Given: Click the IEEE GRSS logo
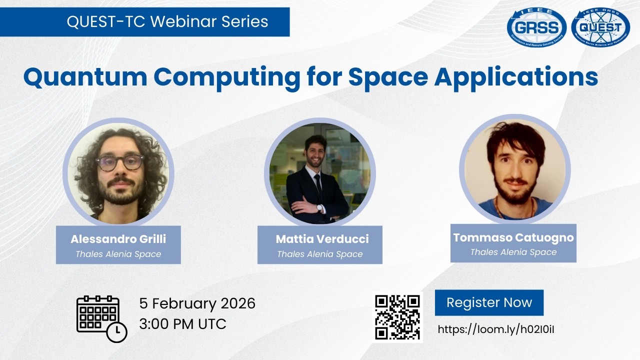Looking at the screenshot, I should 536,28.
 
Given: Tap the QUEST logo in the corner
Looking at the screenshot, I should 600,28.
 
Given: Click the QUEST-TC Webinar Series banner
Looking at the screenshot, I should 167,22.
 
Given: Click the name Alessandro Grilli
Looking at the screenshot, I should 118,239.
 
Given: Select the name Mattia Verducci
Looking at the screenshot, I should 322,239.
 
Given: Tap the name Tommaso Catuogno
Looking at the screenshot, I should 513,237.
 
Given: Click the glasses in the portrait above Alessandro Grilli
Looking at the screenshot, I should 119,162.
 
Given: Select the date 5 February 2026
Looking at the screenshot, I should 197,303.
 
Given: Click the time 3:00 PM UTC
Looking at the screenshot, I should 182,324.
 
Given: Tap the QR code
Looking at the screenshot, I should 397,317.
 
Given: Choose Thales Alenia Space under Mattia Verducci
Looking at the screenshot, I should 320,254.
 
